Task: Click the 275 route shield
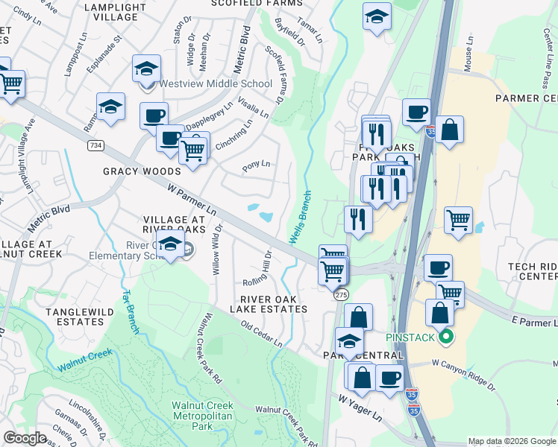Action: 341,295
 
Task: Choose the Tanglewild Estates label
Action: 75,317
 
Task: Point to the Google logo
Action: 25,437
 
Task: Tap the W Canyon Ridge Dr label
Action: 463,375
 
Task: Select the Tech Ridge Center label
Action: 533,271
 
